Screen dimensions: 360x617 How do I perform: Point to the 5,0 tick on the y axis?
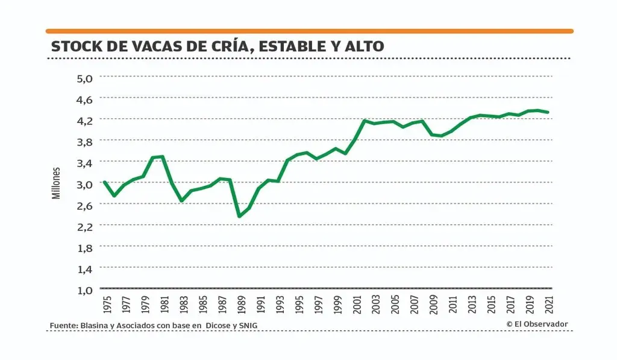coord(85,77)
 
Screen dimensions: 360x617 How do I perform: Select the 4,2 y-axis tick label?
coord(85,120)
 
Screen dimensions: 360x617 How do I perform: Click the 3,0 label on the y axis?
coord(85,184)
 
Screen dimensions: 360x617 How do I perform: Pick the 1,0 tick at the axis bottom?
coord(85,290)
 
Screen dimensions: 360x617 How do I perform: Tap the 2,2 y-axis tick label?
coord(85,227)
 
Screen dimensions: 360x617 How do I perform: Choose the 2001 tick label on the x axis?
coord(357,305)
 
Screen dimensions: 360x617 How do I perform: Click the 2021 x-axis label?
coord(548,305)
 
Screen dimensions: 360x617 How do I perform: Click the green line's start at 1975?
coord(104,182)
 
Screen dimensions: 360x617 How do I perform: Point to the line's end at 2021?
coord(548,112)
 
